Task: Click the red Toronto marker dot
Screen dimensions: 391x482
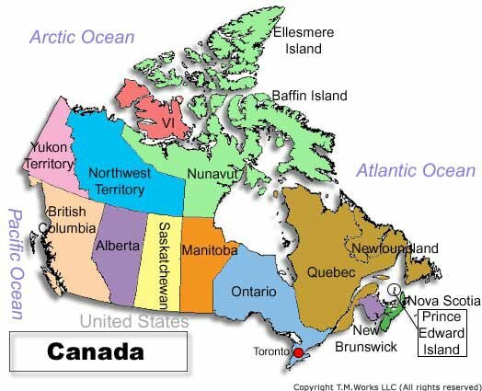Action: (x=297, y=352)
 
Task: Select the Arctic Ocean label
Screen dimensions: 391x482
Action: (x=82, y=37)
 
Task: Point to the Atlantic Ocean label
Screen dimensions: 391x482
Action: (x=416, y=170)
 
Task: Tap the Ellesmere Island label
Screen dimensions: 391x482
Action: (x=304, y=40)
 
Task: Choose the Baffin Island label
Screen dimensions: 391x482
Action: (x=309, y=95)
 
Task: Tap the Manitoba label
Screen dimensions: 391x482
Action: (x=210, y=249)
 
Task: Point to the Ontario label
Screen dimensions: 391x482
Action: (x=254, y=292)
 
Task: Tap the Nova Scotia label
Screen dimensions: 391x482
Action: (x=443, y=301)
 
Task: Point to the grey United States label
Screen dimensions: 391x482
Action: (x=134, y=321)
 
